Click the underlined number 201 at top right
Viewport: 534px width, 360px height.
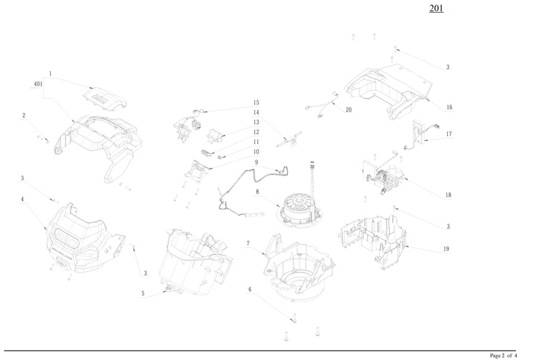click(435, 9)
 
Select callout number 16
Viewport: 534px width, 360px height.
click(449, 108)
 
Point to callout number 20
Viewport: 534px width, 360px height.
click(348, 110)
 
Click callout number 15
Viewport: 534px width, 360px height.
click(256, 103)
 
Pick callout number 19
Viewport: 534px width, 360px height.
click(446, 249)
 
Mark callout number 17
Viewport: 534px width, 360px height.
click(449, 134)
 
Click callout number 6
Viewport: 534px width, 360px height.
click(250, 290)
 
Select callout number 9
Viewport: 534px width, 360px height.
click(256, 162)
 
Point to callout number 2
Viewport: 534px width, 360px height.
click(24, 116)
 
